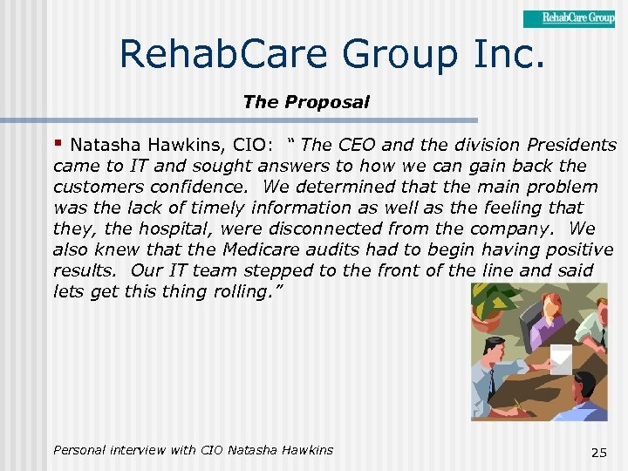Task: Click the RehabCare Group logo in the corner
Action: click(569, 18)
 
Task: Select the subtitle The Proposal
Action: click(306, 102)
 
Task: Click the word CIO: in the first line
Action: click(260, 145)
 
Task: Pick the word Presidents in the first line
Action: click(572, 145)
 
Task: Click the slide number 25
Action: click(598, 452)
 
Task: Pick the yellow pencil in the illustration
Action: click(524, 406)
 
